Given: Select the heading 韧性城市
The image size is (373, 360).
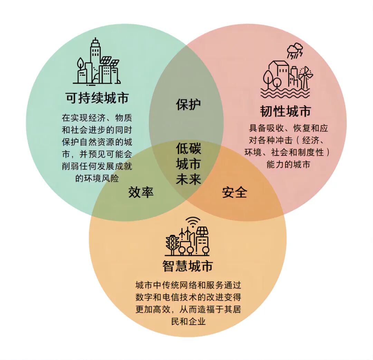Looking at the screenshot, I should [285, 111].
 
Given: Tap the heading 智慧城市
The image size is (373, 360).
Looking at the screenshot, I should [188, 266].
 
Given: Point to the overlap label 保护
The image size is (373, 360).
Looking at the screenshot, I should [188, 105].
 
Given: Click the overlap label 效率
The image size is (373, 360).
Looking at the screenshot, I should [141, 192].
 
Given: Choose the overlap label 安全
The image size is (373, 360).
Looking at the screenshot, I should [235, 192].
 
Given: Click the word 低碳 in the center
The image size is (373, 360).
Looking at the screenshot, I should [188, 149].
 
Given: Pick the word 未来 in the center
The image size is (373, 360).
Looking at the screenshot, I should [188, 179].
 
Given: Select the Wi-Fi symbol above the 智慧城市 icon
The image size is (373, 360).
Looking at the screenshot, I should [193, 221].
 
